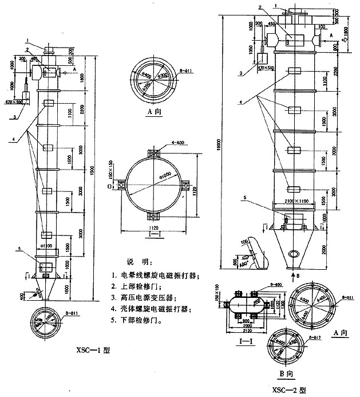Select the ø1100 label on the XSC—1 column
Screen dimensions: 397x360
click(47, 245)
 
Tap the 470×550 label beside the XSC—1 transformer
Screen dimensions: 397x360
click(12, 102)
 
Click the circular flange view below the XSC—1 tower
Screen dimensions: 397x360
click(47, 320)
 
